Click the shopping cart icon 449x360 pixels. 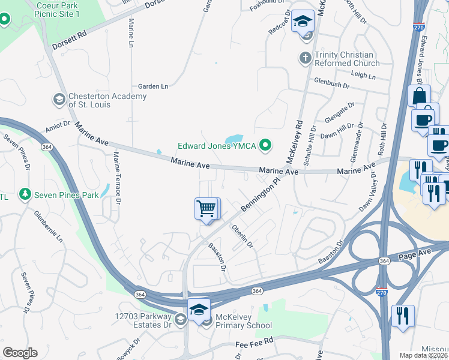(x=206, y=209)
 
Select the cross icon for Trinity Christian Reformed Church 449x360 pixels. (x=305, y=58)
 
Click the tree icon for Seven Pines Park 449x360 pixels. (x=25, y=194)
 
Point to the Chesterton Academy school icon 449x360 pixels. (x=59, y=100)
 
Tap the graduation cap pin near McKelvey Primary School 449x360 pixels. (x=199, y=310)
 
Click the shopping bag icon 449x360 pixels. (x=418, y=96)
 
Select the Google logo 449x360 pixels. (x=20, y=353)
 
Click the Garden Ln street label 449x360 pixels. (x=153, y=86)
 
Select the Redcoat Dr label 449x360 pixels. (x=280, y=23)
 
